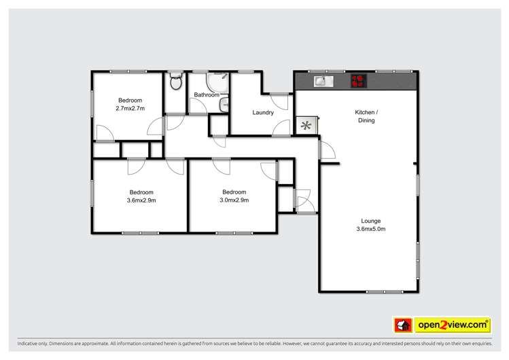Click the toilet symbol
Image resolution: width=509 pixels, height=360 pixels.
point(175,83)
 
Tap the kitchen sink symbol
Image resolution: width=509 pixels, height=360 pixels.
point(321,82)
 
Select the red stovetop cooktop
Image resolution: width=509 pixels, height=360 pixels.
point(359,82)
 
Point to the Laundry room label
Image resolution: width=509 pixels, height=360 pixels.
point(262,113)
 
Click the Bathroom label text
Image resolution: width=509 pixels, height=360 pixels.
point(207,95)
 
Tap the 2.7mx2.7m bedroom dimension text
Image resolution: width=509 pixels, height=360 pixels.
point(130,108)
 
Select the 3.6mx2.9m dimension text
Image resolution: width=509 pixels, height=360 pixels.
point(141,200)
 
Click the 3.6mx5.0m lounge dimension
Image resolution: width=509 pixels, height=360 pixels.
point(371,229)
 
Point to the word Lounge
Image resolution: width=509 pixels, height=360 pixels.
point(371,221)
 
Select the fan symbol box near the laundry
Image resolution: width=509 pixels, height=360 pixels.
point(306,126)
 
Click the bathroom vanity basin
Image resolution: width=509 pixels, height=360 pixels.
point(224,105)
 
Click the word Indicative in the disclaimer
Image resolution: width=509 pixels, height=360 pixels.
point(30,344)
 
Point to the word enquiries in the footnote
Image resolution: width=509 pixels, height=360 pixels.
point(478,344)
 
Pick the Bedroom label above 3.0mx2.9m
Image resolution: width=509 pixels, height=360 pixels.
point(234,192)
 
